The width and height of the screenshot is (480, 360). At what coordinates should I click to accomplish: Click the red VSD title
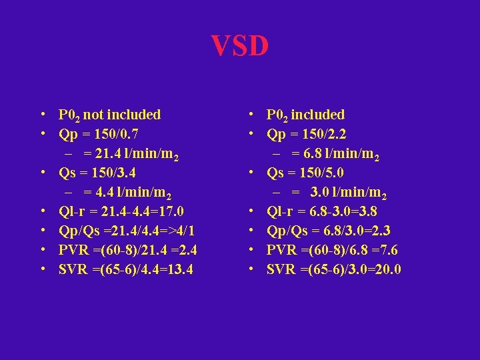(240, 47)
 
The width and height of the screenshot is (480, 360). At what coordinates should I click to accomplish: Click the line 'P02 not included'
(109, 115)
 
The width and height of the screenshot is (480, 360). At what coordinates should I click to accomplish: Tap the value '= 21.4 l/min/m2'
(131, 154)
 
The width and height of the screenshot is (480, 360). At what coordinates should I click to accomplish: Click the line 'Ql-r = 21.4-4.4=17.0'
(121, 213)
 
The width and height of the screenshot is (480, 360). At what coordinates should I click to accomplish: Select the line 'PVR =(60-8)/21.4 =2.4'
(127, 251)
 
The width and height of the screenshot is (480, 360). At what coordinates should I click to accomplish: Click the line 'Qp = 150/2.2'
(307, 134)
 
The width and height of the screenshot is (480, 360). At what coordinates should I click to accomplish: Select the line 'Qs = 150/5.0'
(305, 173)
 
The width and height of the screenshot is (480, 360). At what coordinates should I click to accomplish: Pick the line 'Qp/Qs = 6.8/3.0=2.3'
(329, 231)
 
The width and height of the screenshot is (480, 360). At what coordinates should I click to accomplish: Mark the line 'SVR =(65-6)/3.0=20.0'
(333, 269)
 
